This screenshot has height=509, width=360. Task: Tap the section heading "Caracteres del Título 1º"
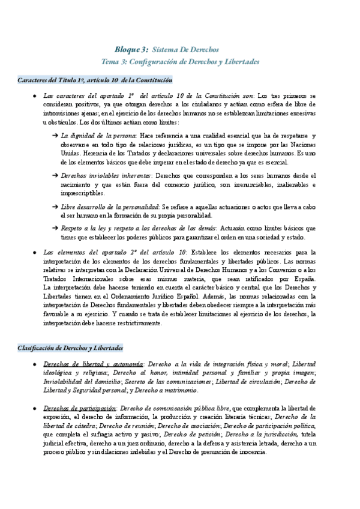[x=95, y=79]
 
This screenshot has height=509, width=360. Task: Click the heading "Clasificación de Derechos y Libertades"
[x=71, y=348]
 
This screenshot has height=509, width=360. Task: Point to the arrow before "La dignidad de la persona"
[x=55, y=136]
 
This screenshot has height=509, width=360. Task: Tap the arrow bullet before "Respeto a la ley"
[x=55, y=229]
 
